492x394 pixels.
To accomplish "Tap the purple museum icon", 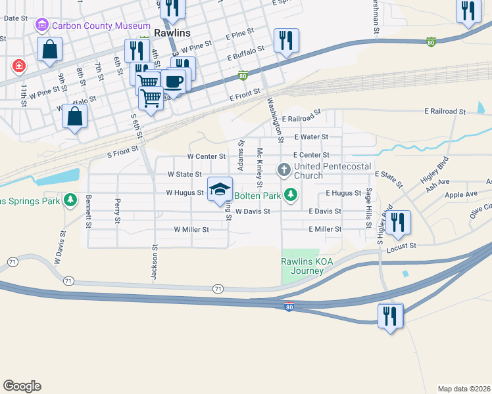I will (41, 26).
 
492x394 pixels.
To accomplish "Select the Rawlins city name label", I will (172, 33).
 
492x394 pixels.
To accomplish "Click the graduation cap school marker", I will (220, 190).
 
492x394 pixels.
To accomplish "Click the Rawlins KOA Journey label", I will (307, 266).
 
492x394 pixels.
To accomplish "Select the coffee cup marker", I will (174, 81).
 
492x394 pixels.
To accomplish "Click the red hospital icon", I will (19, 66).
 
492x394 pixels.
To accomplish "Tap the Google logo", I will (22, 386).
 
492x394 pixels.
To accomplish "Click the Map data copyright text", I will (464, 389).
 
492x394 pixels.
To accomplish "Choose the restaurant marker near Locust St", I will (397, 222).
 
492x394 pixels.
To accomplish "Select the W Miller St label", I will (191, 230).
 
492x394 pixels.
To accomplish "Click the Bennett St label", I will (87, 211).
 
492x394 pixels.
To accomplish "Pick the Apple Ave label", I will (460, 194).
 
